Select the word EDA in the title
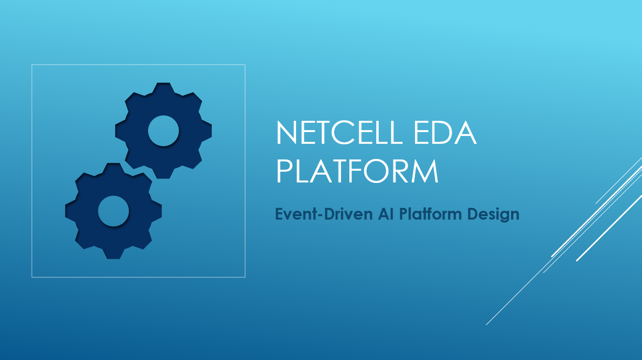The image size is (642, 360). click(445, 133)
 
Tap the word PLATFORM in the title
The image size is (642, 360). click(357, 171)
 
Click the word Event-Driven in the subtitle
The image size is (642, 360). click(324, 214)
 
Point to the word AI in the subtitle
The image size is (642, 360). click(386, 214)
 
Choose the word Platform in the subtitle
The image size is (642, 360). click(431, 214)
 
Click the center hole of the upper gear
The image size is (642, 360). click(163, 131)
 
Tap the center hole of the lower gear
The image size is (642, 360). click(114, 211)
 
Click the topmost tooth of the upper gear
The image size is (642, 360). click(163, 87)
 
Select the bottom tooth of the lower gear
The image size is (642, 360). click(114, 254)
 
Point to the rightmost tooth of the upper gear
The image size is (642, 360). click(207, 131)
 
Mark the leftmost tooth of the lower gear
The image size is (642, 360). click(70, 211)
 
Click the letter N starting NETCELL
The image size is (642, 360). click(286, 133)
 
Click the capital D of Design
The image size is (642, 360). click(473, 214)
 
